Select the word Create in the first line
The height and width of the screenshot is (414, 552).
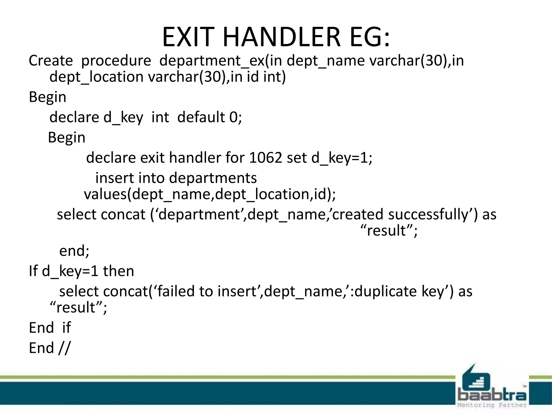coord(51,60)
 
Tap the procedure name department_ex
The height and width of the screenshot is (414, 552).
coord(212,61)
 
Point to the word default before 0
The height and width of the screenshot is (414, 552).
coord(201,117)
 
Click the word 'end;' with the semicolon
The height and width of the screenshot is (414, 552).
coord(74,251)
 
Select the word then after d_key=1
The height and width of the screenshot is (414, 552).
coord(119,271)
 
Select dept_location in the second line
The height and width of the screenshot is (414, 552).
coord(96,77)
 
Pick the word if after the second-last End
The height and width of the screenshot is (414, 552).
coord(66,328)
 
